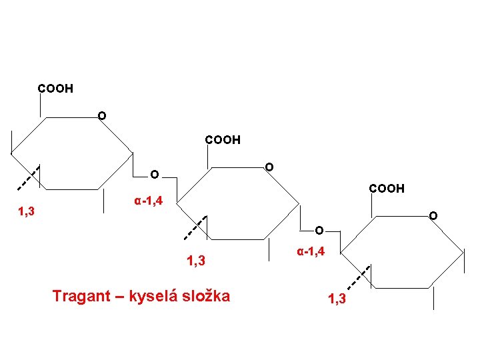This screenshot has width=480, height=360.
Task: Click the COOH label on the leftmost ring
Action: [55, 88]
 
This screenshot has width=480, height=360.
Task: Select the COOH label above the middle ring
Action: [223, 140]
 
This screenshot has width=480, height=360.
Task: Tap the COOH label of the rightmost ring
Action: [387, 189]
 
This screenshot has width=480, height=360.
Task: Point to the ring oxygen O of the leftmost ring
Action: [101, 117]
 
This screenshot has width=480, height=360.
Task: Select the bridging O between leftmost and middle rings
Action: [154, 175]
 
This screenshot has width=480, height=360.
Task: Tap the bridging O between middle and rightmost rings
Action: [319, 231]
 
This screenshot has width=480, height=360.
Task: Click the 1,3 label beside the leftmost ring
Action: [28, 212]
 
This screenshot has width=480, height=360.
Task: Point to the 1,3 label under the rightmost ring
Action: [337, 299]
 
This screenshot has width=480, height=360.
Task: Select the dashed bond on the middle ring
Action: [195, 227]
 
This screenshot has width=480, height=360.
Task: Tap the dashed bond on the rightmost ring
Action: [360, 276]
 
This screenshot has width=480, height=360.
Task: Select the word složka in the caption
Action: [208, 295]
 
